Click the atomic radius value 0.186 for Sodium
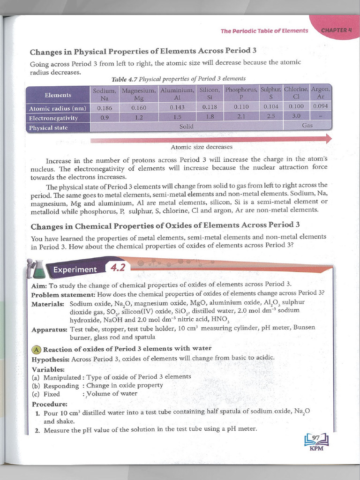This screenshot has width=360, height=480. (104, 107)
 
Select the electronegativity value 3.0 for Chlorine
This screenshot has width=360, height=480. (296, 116)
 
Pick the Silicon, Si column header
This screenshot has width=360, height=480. (210, 93)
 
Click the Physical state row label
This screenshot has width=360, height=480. (48, 127)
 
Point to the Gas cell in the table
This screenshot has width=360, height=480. (307, 126)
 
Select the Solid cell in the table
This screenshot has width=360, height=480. (186, 127)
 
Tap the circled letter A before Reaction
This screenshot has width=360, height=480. (36, 349)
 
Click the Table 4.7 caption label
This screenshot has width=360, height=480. (125, 79)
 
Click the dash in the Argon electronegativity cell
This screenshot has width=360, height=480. (321, 116)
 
